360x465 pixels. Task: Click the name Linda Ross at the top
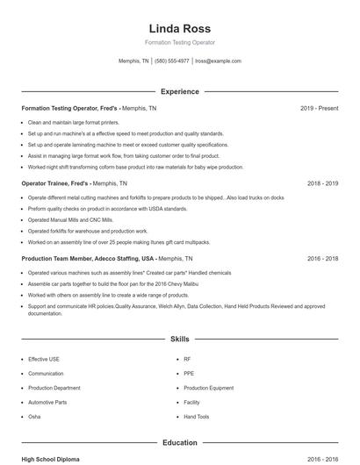(179, 28)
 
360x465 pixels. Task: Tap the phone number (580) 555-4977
(173, 61)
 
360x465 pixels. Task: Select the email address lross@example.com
(218, 61)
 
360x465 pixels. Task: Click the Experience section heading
(179, 91)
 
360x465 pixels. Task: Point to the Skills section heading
(179, 338)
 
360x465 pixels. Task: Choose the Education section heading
(179, 443)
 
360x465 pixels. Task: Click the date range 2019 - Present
(319, 108)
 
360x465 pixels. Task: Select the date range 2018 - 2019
(323, 184)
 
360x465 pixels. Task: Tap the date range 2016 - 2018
(323, 259)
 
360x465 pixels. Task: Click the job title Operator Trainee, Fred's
(55, 184)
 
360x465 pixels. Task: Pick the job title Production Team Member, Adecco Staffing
(88, 259)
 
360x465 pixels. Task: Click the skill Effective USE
(44, 359)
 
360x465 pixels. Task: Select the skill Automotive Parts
(47, 402)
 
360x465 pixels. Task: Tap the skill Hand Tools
(197, 417)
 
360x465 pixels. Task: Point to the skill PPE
(189, 373)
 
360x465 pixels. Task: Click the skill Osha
(34, 417)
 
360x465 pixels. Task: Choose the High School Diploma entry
(52, 459)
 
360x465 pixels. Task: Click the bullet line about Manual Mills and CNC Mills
(70, 219)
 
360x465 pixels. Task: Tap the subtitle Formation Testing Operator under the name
(179, 42)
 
